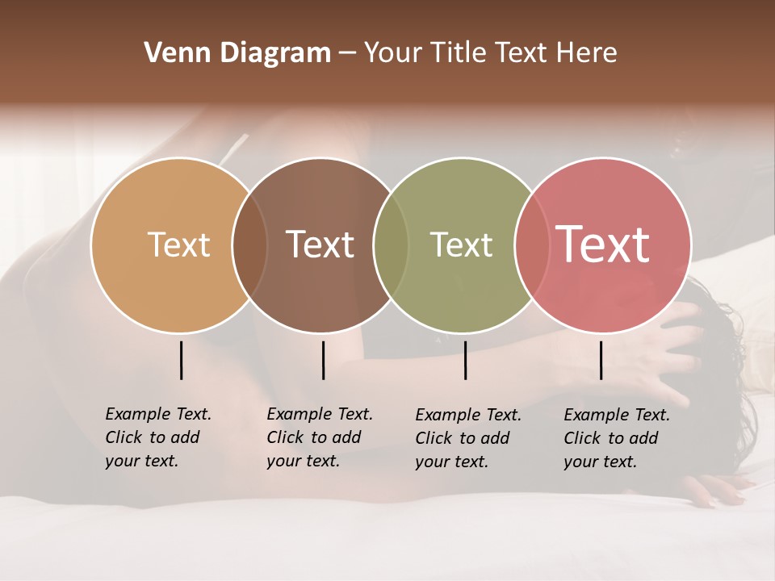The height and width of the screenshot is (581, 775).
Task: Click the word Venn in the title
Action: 172,53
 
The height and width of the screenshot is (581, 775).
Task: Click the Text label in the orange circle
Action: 178,245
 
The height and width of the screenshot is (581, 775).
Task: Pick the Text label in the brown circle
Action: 320,245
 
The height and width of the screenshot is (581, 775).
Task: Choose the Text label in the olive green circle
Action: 461,245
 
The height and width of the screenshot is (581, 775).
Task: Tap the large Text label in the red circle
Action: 603,245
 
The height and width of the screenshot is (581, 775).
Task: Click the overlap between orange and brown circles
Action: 249,245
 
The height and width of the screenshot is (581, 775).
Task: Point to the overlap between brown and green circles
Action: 391,245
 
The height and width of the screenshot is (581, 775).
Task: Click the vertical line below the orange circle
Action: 181,360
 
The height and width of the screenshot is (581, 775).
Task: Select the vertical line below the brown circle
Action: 323,360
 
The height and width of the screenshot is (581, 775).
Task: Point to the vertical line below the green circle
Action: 465,360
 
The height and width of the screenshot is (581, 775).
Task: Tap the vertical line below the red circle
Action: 601,360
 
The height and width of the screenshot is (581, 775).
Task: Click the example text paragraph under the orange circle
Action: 158,437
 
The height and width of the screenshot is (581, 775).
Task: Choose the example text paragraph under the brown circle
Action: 320,437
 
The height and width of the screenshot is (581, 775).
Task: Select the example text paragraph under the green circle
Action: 468,438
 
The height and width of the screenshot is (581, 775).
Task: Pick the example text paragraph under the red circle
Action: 617,438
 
